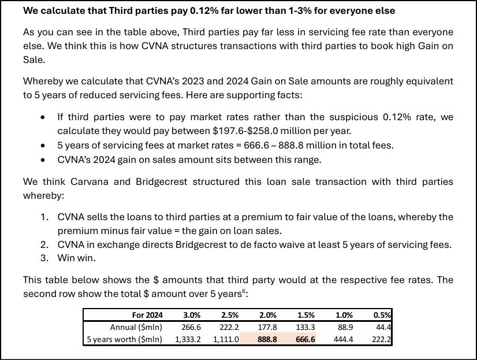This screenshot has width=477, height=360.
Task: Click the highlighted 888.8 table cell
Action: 265,339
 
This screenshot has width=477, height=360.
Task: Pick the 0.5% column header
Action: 382,315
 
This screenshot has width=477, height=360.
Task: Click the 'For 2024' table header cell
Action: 147,315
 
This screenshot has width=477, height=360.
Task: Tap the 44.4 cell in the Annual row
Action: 383,327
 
